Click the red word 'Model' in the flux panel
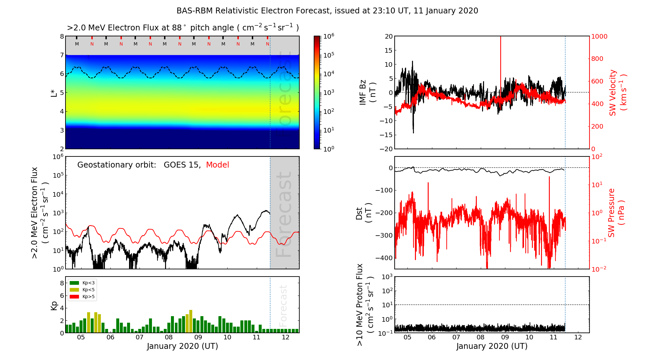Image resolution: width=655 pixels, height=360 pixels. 217,165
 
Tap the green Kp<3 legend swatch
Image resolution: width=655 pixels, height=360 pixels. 74,283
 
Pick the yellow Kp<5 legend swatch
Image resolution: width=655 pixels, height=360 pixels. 74,290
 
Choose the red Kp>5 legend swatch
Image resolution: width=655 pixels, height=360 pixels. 74,297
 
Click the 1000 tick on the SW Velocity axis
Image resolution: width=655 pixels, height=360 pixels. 599,36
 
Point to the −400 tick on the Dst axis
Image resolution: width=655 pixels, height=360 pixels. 385,258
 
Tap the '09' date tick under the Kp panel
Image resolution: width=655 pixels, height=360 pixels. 198,337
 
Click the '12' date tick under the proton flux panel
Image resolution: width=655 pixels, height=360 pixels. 578,337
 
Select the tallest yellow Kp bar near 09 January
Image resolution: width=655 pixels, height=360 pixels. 191,321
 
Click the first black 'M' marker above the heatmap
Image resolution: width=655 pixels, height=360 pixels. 77,44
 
